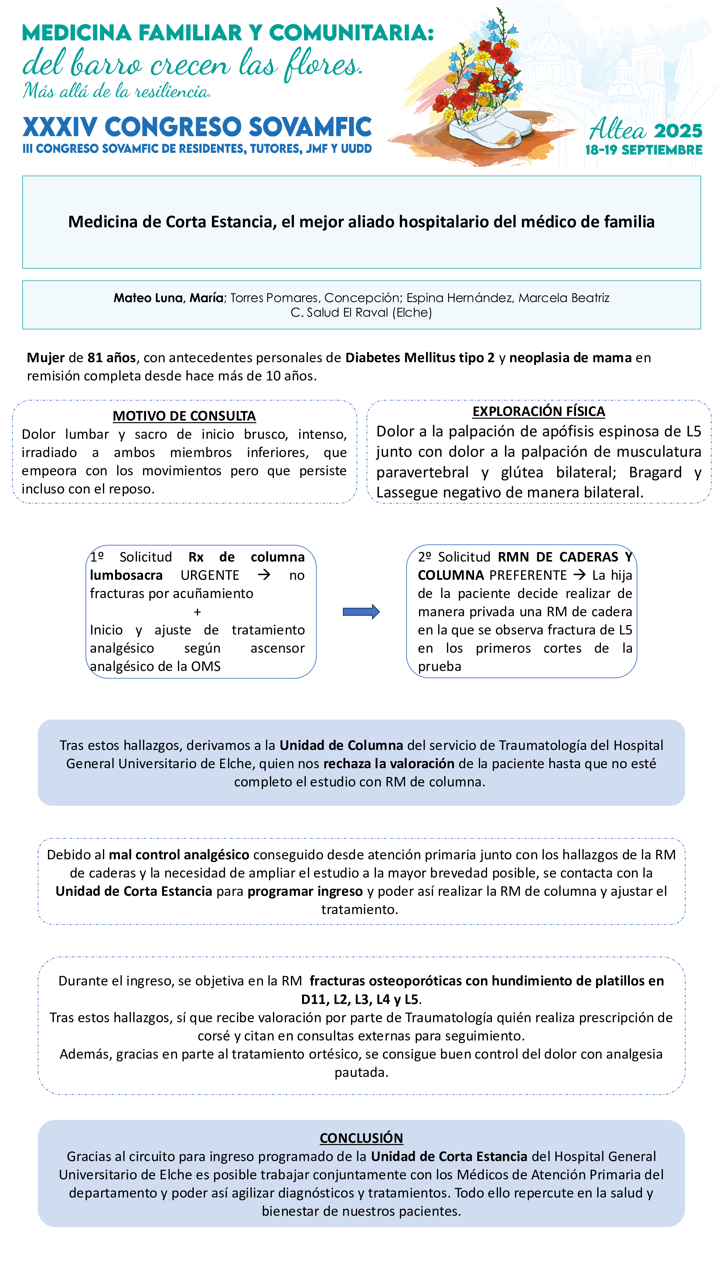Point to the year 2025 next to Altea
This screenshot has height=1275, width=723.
coord(677,131)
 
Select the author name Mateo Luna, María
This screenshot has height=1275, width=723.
coord(168,298)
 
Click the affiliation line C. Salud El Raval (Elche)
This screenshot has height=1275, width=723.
coord(361,313)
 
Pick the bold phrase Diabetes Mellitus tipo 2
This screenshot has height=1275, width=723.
coord(420,357)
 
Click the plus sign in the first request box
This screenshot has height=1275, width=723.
coord(197,612)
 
